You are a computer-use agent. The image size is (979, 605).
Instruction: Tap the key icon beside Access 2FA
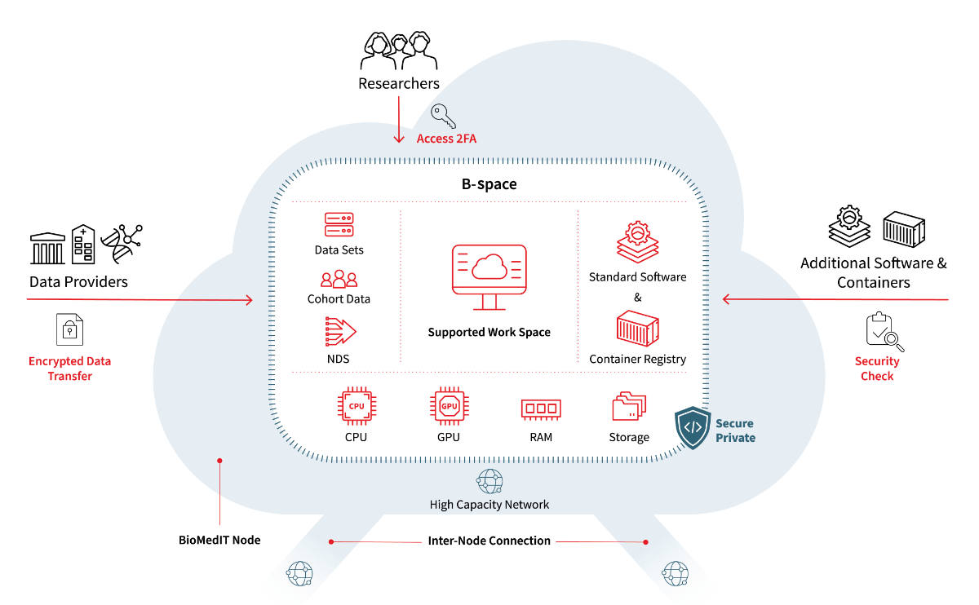(443, 117)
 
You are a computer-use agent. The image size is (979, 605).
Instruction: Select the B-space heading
(489, 184)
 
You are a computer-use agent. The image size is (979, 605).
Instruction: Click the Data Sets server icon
(339, 224)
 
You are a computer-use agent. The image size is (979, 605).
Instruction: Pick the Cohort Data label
(339, 299)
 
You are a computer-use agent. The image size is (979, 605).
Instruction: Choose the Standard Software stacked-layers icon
(637, 242)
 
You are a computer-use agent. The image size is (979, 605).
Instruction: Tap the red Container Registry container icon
(637, 328)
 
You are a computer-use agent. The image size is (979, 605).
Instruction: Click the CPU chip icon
(356, 406)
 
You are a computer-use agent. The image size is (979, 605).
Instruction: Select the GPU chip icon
(449, 406)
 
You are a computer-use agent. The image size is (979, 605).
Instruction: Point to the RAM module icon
(541, 408)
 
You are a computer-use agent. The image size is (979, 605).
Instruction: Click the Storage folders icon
(628, 407)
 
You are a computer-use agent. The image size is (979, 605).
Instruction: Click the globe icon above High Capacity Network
(489, 481)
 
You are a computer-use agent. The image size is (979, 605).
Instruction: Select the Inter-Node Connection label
(489, 541)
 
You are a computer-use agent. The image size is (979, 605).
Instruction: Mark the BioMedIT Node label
(219, 540)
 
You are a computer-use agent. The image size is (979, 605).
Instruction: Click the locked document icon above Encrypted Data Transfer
(69, 329)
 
